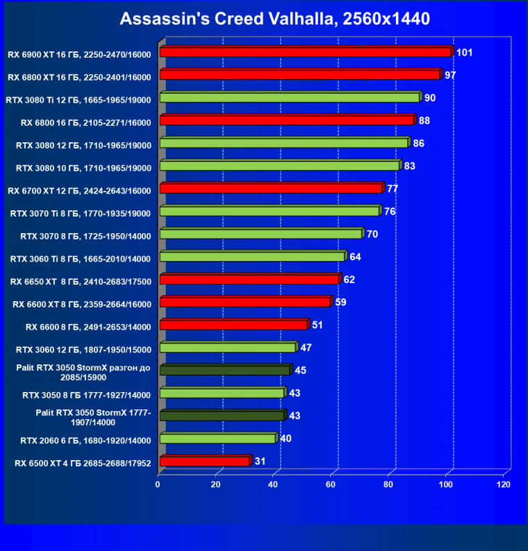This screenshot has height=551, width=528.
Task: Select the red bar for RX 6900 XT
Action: coord(305,52)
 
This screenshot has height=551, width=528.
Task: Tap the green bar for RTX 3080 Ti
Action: coord(289,98)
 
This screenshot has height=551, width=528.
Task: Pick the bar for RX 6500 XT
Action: coord(204,461)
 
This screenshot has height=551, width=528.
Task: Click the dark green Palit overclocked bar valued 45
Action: coord(224,371)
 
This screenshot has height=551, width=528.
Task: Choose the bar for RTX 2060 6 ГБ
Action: coord(217,439)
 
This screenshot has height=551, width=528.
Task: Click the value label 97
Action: coord(450,75)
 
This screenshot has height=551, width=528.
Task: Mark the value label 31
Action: coord(261,461)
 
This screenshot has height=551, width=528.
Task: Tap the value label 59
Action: coord(340,303)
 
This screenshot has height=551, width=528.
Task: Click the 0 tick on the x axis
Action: coord(158,484)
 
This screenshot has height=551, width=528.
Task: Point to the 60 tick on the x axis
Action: coord(331,484)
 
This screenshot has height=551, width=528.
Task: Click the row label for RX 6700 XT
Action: coord(79,189)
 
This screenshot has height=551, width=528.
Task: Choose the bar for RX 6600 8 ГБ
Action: coord(233,325)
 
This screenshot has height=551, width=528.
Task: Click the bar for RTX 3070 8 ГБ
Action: coord(261,234)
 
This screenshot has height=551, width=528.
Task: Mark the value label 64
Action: coord(355,257)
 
